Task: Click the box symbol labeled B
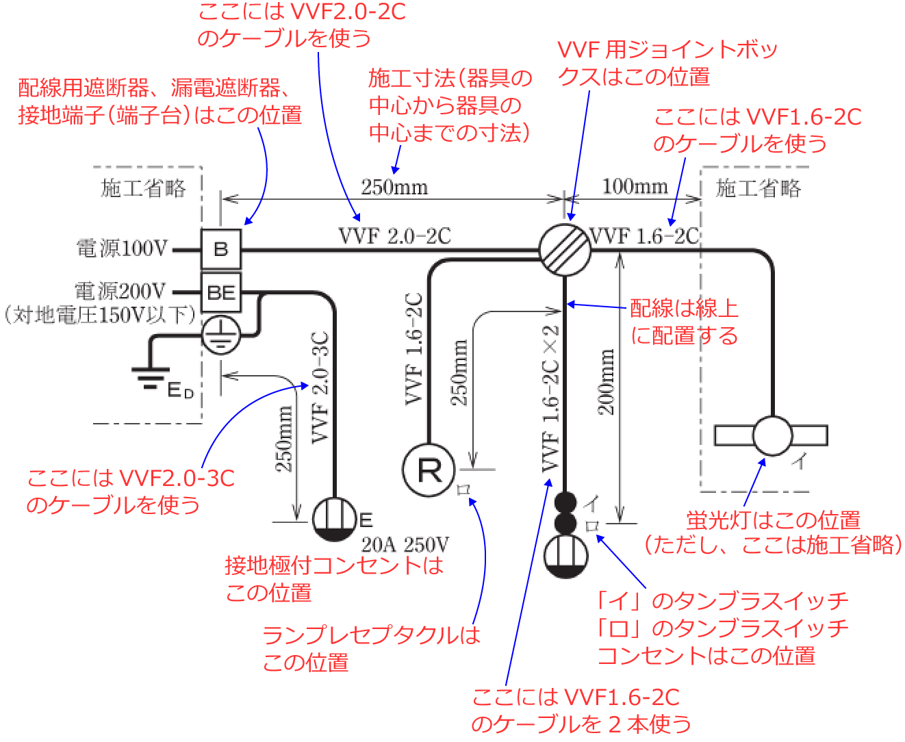(220, 249)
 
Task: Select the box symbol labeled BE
(220, 292)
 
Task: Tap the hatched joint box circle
(565, 250)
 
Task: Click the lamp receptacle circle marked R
(429, 470)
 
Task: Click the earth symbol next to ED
(150, 379)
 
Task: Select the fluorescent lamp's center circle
(772, 435)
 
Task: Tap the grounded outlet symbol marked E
(335, 520)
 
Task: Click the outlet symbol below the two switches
(565, 555)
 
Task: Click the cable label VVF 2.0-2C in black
(395, 236)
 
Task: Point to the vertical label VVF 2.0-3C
(320, 387)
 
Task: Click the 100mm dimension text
(634, 186)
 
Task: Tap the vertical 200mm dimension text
(607, 381)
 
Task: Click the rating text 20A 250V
(405, 545)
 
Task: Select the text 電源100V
(122, 248)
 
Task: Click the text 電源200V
(120, 292)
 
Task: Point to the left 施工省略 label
(144, 188)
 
